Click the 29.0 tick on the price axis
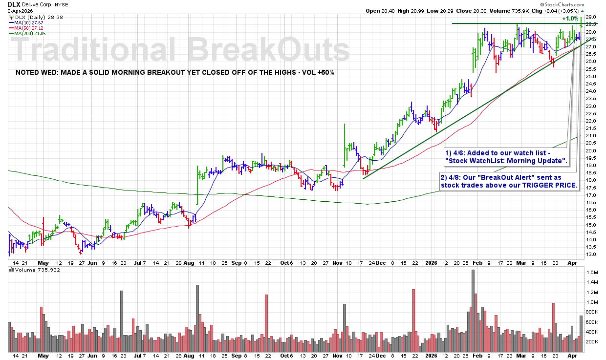pos(591,17)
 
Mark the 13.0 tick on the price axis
pos(591,254)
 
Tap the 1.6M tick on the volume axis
pos(592,272)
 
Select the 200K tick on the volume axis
pos(592,342)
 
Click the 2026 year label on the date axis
pos(432,262)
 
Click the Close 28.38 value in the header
pos(480,11)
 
